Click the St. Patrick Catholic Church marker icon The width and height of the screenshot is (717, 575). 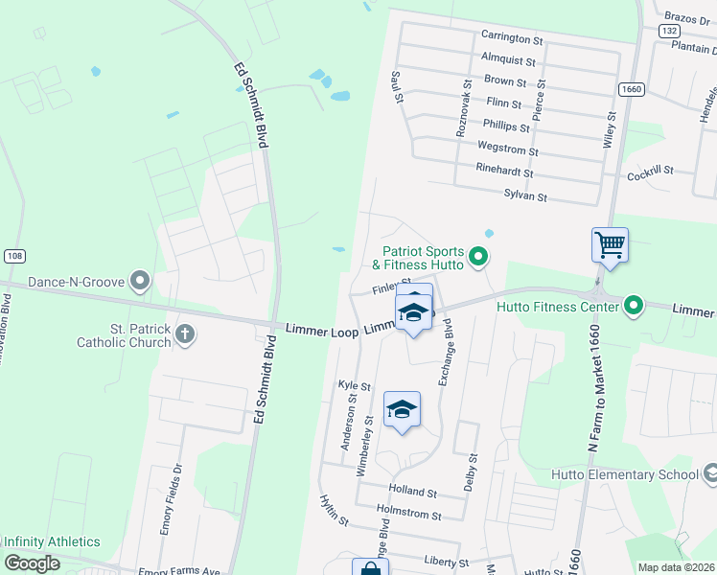click(x=186, y=334)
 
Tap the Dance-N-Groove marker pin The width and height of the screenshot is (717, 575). click(x=141, y=282)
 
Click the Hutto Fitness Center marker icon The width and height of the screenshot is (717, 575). click(x=633, y=307)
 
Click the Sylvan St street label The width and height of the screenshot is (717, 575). click(x=525, y=196)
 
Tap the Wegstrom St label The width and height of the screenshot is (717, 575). click(x=508, y=150)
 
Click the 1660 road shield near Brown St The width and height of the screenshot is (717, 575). click(x=630, y=88)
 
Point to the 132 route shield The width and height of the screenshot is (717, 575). click(x=669, y=31)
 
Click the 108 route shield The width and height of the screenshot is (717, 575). click(x=13, y=256)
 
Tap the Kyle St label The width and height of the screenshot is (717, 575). click(x=355, y=384)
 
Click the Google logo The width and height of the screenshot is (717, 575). click(x=32, y=563)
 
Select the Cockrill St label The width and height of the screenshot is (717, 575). click(x=651, y=170)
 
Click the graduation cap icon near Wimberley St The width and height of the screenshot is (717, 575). click(x=403, y=409)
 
